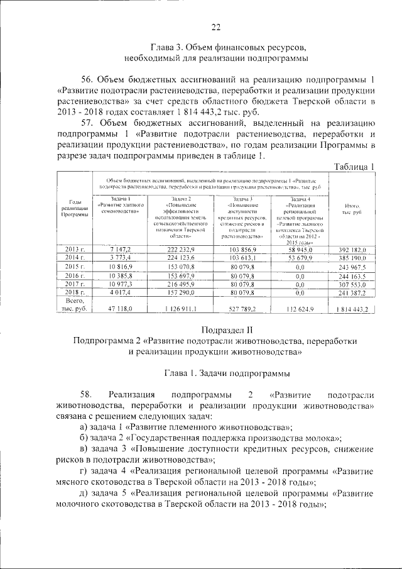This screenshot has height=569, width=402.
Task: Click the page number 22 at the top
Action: [x=215, y=26]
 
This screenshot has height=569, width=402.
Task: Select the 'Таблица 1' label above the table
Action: [x=354, y=166]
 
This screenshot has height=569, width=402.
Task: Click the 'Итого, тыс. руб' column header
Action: [x=352, y=209]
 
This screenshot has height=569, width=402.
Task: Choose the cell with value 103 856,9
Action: [x=241, y=250]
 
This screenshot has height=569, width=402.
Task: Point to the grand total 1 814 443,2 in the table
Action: [x=352, y=309]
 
